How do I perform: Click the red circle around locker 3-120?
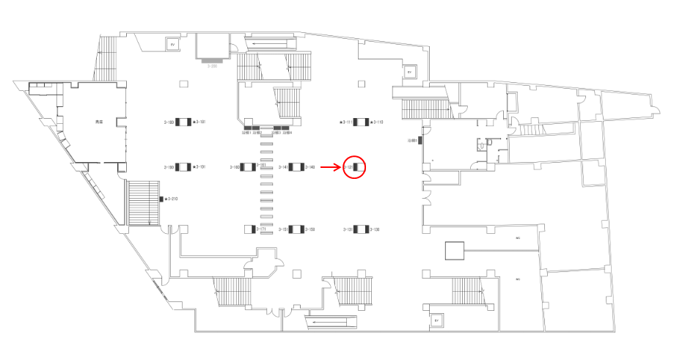tap(354, 168)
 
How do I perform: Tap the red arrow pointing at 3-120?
tap(331, 168)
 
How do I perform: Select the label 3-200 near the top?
tap(213, 66)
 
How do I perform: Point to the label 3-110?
tap(378, 122)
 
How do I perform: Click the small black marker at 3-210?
tap(161, 199)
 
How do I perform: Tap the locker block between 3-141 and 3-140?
tap(296, 168)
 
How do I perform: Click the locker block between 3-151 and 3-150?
tap(296, 229)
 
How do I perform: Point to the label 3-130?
tap(374, 229)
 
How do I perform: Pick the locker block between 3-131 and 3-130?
tap(360, 229)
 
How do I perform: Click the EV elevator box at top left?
tap(173, 45)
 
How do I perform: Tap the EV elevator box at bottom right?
tap(436, 320)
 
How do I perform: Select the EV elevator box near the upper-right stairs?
tap(409, 73)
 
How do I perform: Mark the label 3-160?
tap(235, 168)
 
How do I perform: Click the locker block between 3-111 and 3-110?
tap(360, 122)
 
